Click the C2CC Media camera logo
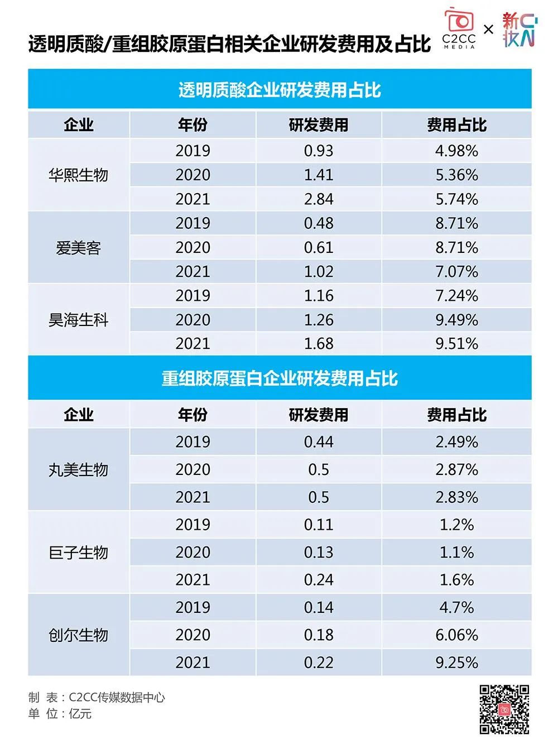pyautogui.click(x=459, y=29)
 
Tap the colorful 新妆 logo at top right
pyautogui.click(x=518, y=30)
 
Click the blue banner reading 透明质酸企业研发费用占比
pyautogui.click(x=280, y=90)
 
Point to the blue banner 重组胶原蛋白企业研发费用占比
pyautogui.click(x=280, y=378)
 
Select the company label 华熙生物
pyautogui.click(x=78, y=175)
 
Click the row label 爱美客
pyautogui.click(x=78, y=248)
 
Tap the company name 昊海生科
pyautogui.click(x=78, y=320)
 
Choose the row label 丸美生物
pyautogui.click(x=78, y=470)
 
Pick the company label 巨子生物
pyautogui.click(x=78, y=553)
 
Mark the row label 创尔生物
pyautogui.click(x=78, y=635)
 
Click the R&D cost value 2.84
pyautogui.click(x=319, y=199)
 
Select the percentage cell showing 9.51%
pyautogui.click(x=456, y=344)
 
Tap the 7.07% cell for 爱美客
pyautogui.click(x=456, y=272)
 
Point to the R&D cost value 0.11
pyautogui.click(x=319, y=525)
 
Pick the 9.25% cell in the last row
pyautogui.click(x=456, y=663)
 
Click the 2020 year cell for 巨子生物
pyautogui.click(x=193, y=553)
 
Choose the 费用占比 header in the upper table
pyautogui.click(x=456, y=125)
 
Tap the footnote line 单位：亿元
pyautogui.click(x=60, y=714)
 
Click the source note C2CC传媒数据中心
pyautogui.click(x=117, y=697)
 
